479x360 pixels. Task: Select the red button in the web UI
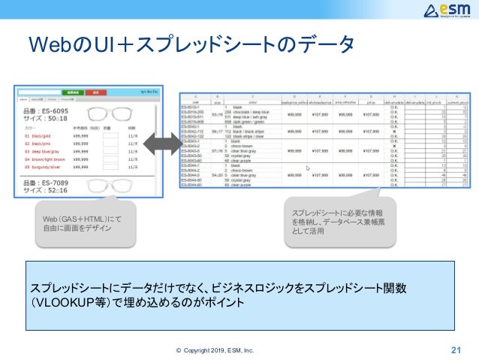(x=95, y=92)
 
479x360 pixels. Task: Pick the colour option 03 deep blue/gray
(x=41, y=151)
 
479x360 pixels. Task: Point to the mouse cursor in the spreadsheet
(x=304, y=170)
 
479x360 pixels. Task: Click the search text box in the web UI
(x=38, y=92)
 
